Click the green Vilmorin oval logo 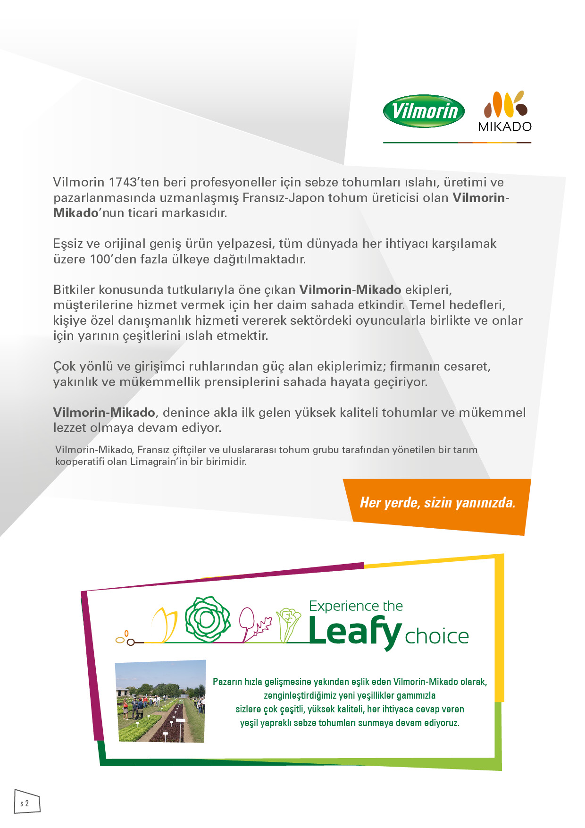click(424, 111)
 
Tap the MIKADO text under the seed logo click(505, 127)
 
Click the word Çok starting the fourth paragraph click(64, 367)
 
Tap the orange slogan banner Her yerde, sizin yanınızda click(437, 503)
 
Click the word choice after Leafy click(437, 637)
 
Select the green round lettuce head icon click(207, 619)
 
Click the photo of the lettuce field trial click(161, 701)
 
